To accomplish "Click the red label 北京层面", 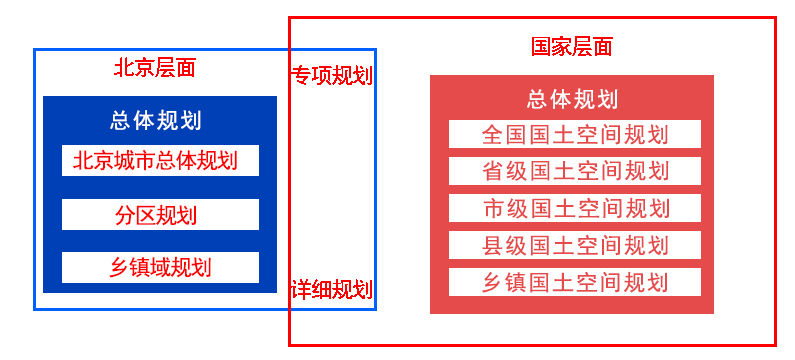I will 155,68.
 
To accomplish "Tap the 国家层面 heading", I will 571,46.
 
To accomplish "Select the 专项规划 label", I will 331,76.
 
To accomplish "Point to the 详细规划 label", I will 331,290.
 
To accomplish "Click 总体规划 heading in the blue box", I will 156,121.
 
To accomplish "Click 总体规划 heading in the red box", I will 572,99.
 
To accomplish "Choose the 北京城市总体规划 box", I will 160,160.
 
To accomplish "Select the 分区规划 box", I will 160,215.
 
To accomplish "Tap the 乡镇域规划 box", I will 160,267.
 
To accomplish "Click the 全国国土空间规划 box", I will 574,134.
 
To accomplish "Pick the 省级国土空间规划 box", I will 574,171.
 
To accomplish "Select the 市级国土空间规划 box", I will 574,208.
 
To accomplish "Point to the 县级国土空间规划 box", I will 574,245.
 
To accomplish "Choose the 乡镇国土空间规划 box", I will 574,282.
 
